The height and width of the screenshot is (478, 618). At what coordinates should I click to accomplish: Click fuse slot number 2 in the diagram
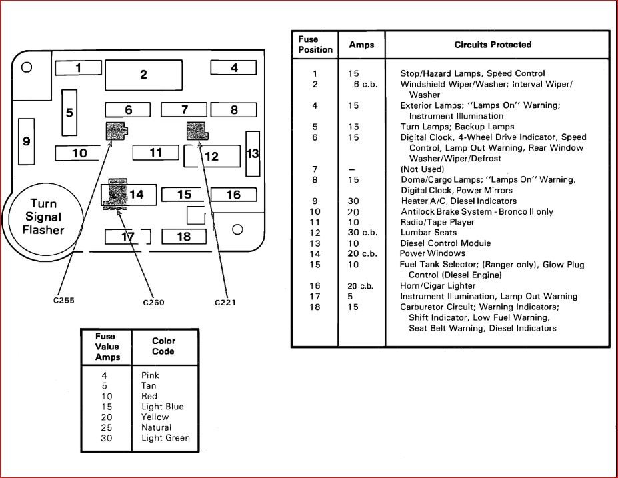pyautogui.click(x=143, y=75)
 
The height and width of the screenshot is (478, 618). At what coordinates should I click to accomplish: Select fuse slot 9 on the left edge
pyautogui.click(x=27, y=141)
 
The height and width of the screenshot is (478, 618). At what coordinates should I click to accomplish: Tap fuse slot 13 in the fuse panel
pyautogui.click(x=253, y=154)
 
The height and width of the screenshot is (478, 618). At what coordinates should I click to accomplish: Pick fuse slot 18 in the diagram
pyautogui.click(x=184, y=237)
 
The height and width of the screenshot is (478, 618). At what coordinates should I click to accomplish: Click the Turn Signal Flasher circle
pyautogui.click(x=44, y=217)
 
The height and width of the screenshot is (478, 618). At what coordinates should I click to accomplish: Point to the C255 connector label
pyautogui.click(x=64, y=300)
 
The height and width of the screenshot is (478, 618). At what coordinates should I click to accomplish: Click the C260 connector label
pyautogui.click(x=153, y=303)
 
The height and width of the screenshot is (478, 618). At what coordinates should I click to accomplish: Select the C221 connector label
pyautogui.click(x=225, y=303)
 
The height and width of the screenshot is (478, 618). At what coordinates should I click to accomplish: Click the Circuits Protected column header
pyautogui.click(x=493, y=45)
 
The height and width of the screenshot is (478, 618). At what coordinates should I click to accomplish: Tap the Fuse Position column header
pyautogui.click(x=315, y=45)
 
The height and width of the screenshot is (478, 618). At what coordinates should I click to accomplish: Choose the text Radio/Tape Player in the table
pyautogui.click(x=437, y=222)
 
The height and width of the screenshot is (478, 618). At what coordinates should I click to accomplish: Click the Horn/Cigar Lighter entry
pyautogui.click(x=438, y=285)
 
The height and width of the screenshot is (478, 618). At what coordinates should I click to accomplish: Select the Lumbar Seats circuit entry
pyautogui.click(x=429, y=233)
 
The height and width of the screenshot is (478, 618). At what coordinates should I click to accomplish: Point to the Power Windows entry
pyautogui.click(x=433, y=254)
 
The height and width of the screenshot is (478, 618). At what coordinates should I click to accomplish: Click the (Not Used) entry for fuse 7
pyautogui.click(x=422, y=169)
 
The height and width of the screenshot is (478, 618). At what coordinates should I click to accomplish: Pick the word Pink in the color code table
pyautogui.click(x=150, y=375)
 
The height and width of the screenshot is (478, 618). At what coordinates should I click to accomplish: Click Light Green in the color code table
pyautogui.click(x=165, y=438)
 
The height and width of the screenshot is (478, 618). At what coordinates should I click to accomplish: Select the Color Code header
pyautogui.click(x=163, y=346)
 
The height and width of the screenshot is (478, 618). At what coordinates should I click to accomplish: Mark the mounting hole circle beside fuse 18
pyautogui.click(x=237, y=230)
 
